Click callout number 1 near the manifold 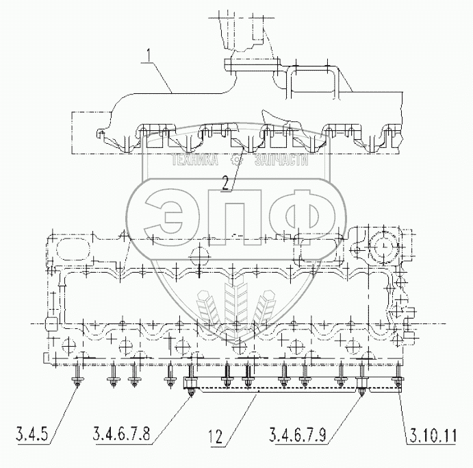(x=148, y=56)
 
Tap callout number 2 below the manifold (x=226, y=183)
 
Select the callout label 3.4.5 (x=33, y=434)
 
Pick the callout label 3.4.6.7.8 (x=121, y=434)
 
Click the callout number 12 (x=215, y=436)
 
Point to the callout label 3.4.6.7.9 (x=298, y=434)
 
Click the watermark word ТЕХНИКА (x=194, y=160)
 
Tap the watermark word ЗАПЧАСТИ (x=281, y=160)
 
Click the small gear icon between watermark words (x=236, y=160)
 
